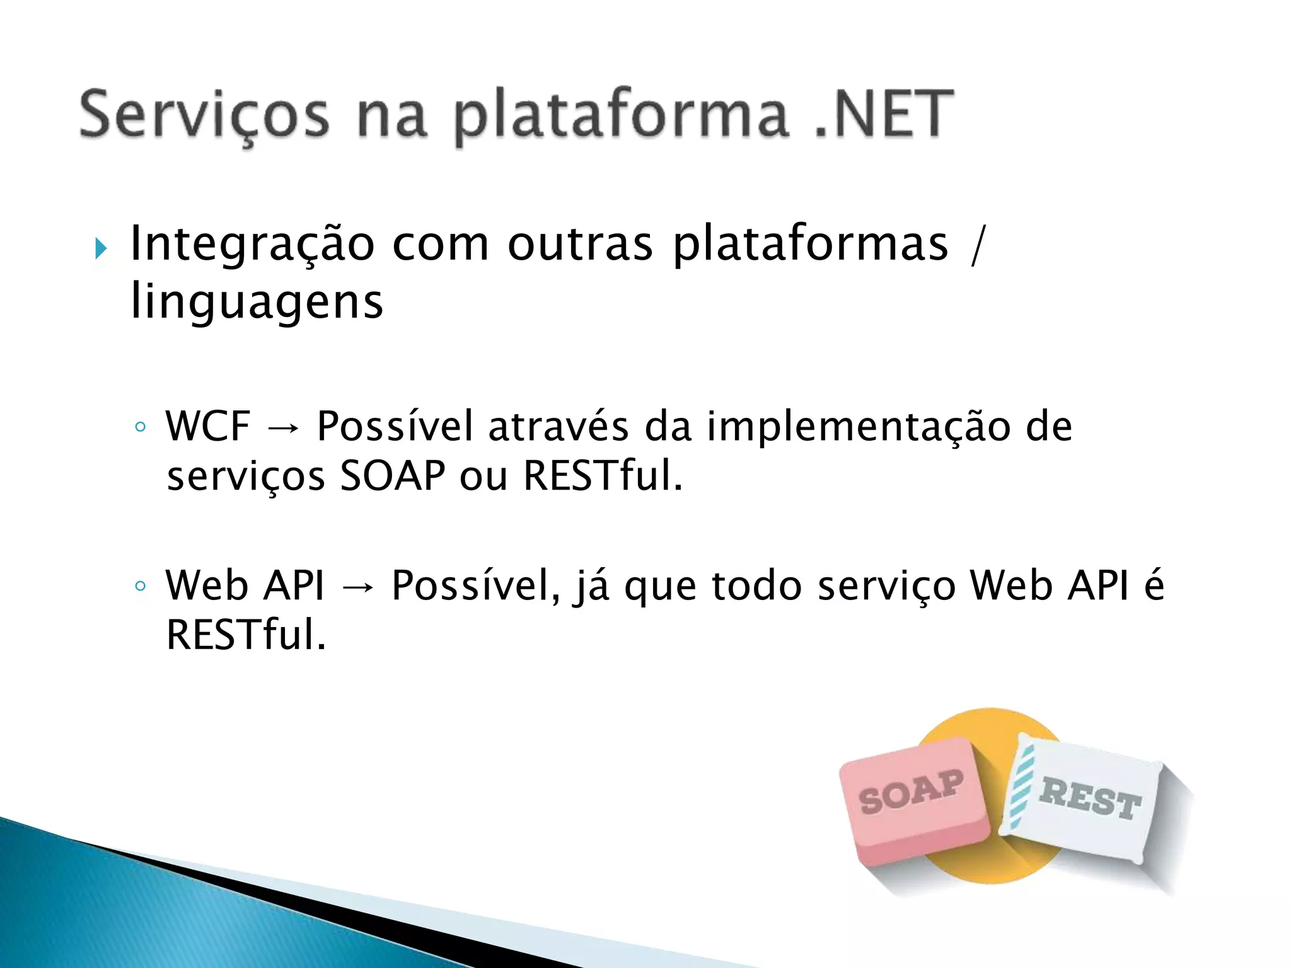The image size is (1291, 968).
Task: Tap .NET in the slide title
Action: point(883,113)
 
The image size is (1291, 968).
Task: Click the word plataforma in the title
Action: point(621,117)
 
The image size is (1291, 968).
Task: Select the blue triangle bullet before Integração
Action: point(100,248)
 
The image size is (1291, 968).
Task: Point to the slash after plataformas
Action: point(976,246)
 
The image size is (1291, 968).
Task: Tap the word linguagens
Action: point(257,302)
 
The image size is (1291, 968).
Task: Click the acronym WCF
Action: point(208,427)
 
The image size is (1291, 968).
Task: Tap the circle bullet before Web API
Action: point(140,586)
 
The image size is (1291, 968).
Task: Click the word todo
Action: point(756,586)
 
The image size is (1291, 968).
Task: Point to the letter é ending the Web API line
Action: point(1154,585)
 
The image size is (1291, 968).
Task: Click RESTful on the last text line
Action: point(246,635)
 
